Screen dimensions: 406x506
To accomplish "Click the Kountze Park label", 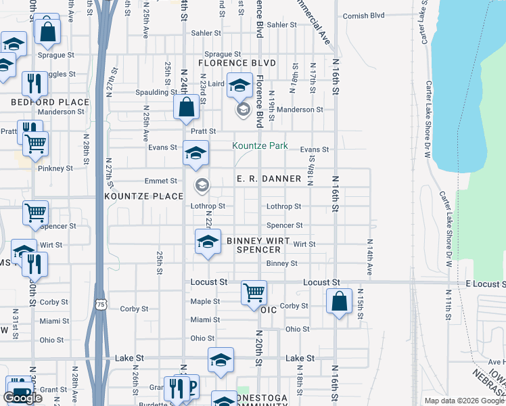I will click(260, 145).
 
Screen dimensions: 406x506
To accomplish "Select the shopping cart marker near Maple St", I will click(254, 293).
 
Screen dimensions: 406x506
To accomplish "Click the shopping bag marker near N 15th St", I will click(339, 301).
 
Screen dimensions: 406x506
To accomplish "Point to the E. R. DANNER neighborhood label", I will click(269, 179).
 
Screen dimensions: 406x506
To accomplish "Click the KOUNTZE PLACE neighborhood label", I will click(144, 196).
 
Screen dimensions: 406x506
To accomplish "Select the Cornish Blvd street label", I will click(363, 16).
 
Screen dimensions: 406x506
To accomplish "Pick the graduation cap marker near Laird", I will click(239, 85).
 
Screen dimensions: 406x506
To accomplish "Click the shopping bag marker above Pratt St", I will click(186, 107).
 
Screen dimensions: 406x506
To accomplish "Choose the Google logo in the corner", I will click(22, 397).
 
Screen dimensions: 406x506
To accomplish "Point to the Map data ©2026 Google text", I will click(465, 401).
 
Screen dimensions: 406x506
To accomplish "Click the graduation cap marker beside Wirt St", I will click(208, 242).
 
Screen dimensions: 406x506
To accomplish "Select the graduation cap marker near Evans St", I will click(195, 154).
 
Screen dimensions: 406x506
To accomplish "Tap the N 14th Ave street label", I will click(369, 256).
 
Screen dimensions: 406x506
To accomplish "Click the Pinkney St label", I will click(55, 168).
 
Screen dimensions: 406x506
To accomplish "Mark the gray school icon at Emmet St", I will click(202, 184).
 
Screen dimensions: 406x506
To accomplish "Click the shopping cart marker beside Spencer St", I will click(35, 212).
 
